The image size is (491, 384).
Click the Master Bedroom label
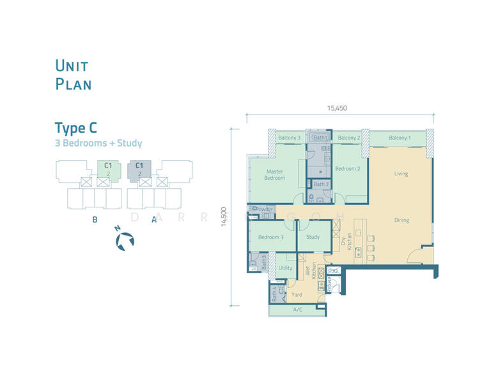coord(275,175)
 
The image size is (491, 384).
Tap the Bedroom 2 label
coord(348,168)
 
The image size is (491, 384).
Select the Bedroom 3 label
coord(270,237)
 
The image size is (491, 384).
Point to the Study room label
coord(313,237)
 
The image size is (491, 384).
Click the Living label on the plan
coord(401,173)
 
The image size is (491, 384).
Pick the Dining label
coord(401,220)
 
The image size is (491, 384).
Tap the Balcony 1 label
coord(400,138)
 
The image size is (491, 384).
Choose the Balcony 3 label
coord(289,138)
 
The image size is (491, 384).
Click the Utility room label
coord(285,268)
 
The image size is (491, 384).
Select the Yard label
coord(297,295)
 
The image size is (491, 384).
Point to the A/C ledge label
coord(297,310)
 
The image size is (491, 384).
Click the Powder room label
coord(265,209)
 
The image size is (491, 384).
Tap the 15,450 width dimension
coord(337,108)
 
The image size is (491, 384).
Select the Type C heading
coord(75,127)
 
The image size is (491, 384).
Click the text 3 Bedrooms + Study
coord(98,143)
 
